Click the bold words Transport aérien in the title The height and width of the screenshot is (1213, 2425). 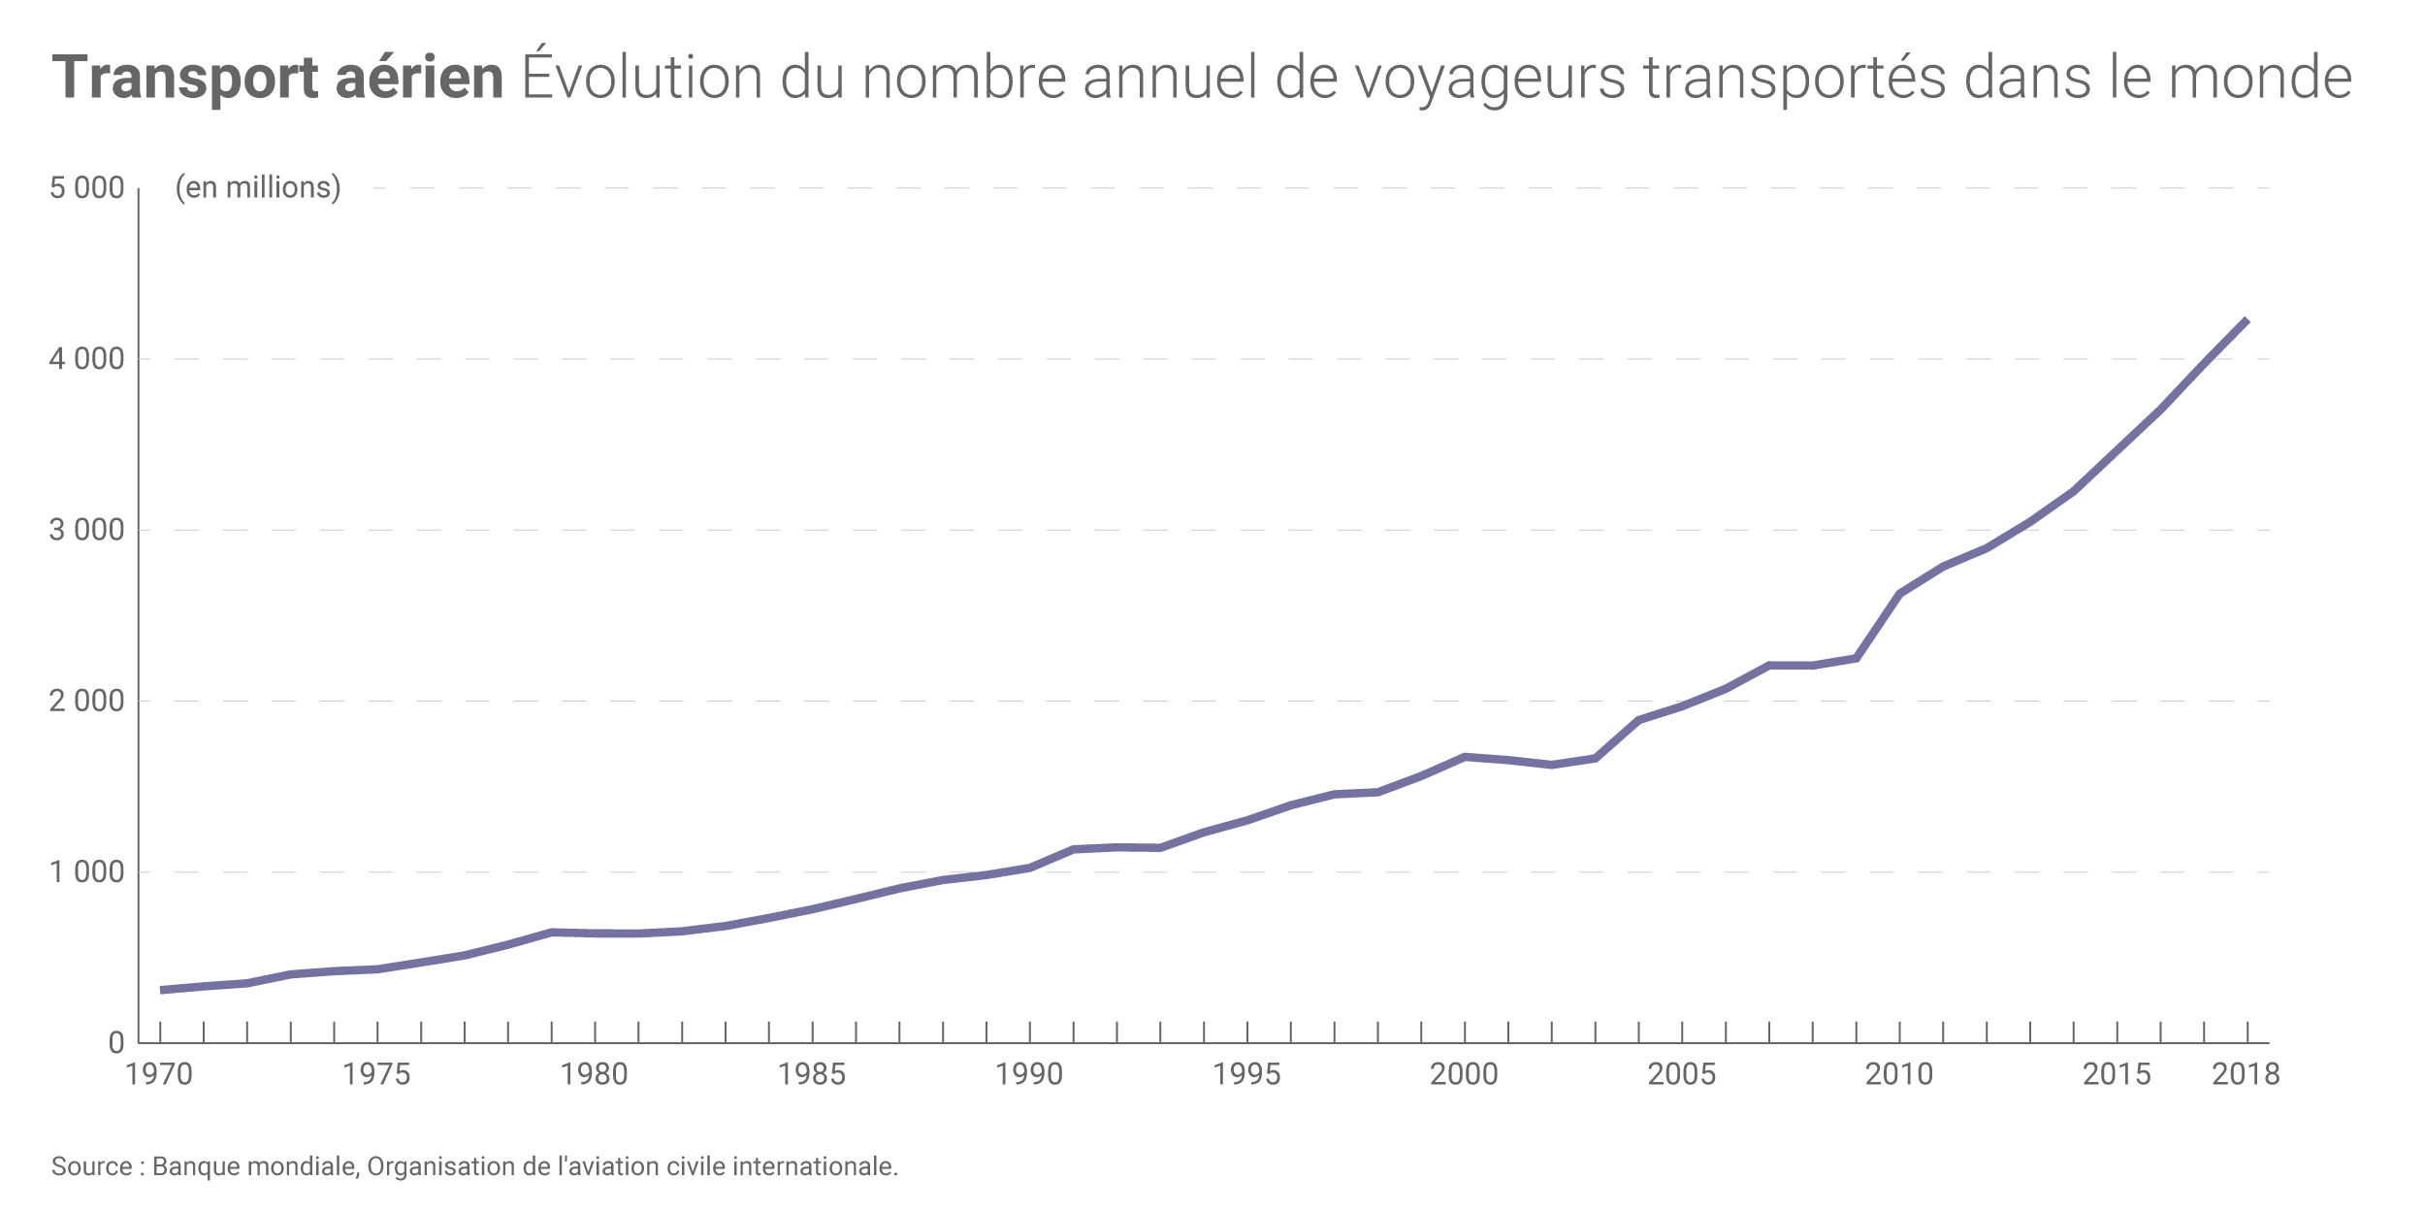coord(277,78)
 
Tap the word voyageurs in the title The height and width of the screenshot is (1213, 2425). coord(1490,78)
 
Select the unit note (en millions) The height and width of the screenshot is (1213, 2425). coord(258,187)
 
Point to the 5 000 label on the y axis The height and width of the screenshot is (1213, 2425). coord(87,187)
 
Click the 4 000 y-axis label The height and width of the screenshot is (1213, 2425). coord(87,359)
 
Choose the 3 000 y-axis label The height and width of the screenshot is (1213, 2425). coord(87,530)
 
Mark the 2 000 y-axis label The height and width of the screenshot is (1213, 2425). coord(87,701)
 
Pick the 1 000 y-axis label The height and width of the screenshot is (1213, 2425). coord(87,871)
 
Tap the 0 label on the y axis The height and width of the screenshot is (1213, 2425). coord(116,1043)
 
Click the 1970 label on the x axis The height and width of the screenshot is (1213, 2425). coord(159,1074)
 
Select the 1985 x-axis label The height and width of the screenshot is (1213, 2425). coord(812,1074)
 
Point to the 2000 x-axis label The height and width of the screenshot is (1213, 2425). coord(1465,1074)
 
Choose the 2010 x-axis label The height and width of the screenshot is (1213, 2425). coord(1899,1074)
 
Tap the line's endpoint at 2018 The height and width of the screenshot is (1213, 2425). coord(2247,320)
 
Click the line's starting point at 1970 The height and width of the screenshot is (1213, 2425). coord(161,990)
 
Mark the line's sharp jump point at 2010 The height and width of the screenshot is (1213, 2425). coord(1899,594)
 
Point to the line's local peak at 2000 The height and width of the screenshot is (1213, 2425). coord(1465,756)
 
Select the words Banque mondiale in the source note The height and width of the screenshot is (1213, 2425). coord(254,1166)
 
